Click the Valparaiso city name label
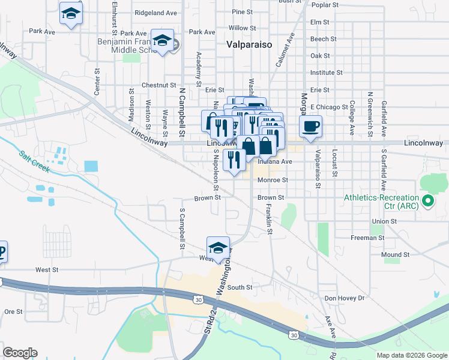pos(250,44)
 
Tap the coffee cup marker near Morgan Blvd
pos(310,127)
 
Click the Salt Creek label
pos(34,161)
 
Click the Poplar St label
pos(326,5)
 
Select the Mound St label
pos(396,254)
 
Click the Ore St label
pos(13,311)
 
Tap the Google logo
pos(20,353)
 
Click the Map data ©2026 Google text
pos(412,355)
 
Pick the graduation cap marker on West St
pos(218,248)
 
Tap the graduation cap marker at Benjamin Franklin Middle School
pos(161,40)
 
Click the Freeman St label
pos(367,238)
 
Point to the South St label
pos(240,287)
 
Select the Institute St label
pos(327,73)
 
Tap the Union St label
pos(385,221)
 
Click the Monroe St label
pos(273,180)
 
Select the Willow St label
pos(243,28)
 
